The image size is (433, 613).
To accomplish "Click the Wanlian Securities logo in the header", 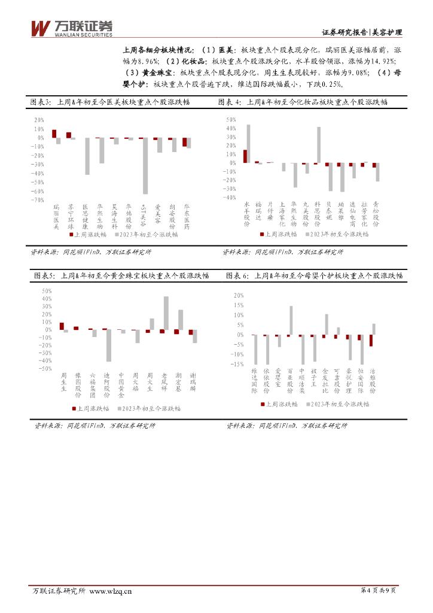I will (x=71, y=28).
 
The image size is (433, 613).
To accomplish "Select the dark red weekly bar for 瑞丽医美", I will (x=54, y=133).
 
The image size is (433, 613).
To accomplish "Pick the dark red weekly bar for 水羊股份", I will (x=245, y=156).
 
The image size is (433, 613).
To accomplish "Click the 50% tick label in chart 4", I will (x=231, y=120).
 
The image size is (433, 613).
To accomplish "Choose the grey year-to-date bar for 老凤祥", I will (x=166, y=313).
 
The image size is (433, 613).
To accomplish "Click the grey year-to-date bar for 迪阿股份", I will (x=109, y=345).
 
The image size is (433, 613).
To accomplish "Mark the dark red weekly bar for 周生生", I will (x=62, y=326).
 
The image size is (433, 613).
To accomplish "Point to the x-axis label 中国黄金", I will (x=121, y=384).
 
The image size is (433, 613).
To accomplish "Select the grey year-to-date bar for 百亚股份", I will (x=291, y=320).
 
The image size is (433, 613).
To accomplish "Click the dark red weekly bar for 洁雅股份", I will (x=371, y=340).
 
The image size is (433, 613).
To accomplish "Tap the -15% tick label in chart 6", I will (x=238, y=364).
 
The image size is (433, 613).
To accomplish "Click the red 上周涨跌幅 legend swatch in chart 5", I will (x=74, y=408).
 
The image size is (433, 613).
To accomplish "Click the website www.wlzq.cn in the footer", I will (x=111, y=591).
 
